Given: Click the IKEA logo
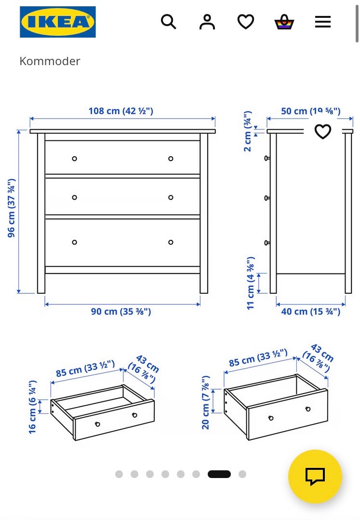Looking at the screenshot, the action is point(58,22).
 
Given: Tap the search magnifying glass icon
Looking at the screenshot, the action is point(168,22).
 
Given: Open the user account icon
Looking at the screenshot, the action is point(207,22).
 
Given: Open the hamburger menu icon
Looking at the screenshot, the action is point(322,22).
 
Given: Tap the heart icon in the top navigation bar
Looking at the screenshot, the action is point(246,22).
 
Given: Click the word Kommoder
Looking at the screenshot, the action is point(50,61).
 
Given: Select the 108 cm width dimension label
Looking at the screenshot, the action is point(121,111).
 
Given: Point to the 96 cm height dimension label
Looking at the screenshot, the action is point(11,208).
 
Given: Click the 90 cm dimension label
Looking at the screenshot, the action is point(121,312).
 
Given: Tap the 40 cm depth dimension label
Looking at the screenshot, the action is point(311,312).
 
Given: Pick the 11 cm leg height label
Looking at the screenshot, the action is point(251,283).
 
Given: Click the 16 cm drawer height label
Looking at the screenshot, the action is point(32,407).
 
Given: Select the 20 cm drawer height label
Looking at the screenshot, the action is point(205,402).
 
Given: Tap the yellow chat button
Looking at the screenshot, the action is point(315,476).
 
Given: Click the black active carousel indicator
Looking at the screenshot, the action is point(219,474).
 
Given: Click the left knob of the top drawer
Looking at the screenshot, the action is point(75,159).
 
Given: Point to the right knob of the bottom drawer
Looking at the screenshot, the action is point(171,242).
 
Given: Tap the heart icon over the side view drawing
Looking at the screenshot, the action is point(322,131).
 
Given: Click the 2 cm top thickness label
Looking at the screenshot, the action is point(248,131).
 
